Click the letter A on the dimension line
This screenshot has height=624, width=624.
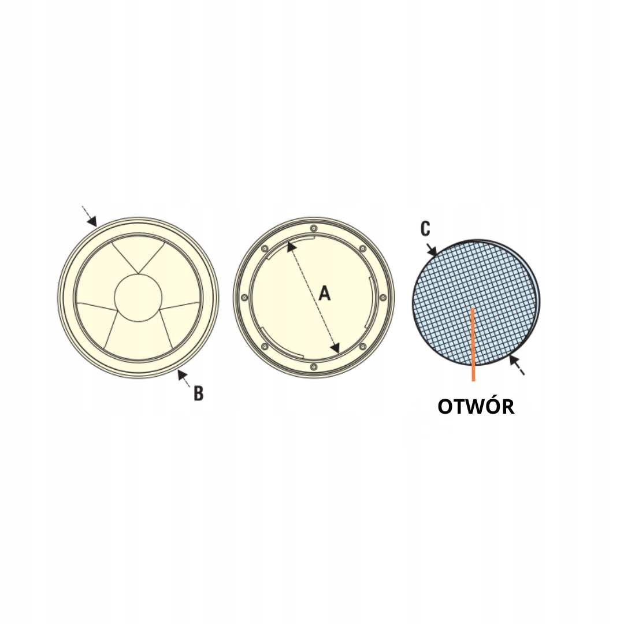point(325,294)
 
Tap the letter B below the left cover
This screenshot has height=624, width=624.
point(198,393)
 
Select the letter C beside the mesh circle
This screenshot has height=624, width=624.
point(425,229)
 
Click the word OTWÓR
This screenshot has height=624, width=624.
point(476,407)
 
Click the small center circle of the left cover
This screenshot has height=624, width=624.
point(138,298)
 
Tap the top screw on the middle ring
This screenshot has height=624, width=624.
point(313,227)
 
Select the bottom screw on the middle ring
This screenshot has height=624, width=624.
point(313,367)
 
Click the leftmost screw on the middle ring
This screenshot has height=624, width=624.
point(244,298)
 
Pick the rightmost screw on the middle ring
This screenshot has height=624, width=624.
point(383,298)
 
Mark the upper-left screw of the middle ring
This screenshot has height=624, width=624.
point(264,249)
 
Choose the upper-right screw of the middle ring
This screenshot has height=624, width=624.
point(363,248)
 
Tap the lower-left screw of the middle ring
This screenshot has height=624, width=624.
point(264,347)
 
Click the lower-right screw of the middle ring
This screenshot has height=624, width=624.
point(363,347)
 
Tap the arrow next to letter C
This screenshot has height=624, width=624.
point(432,250)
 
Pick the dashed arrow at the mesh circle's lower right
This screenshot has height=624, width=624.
point(516,365)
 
